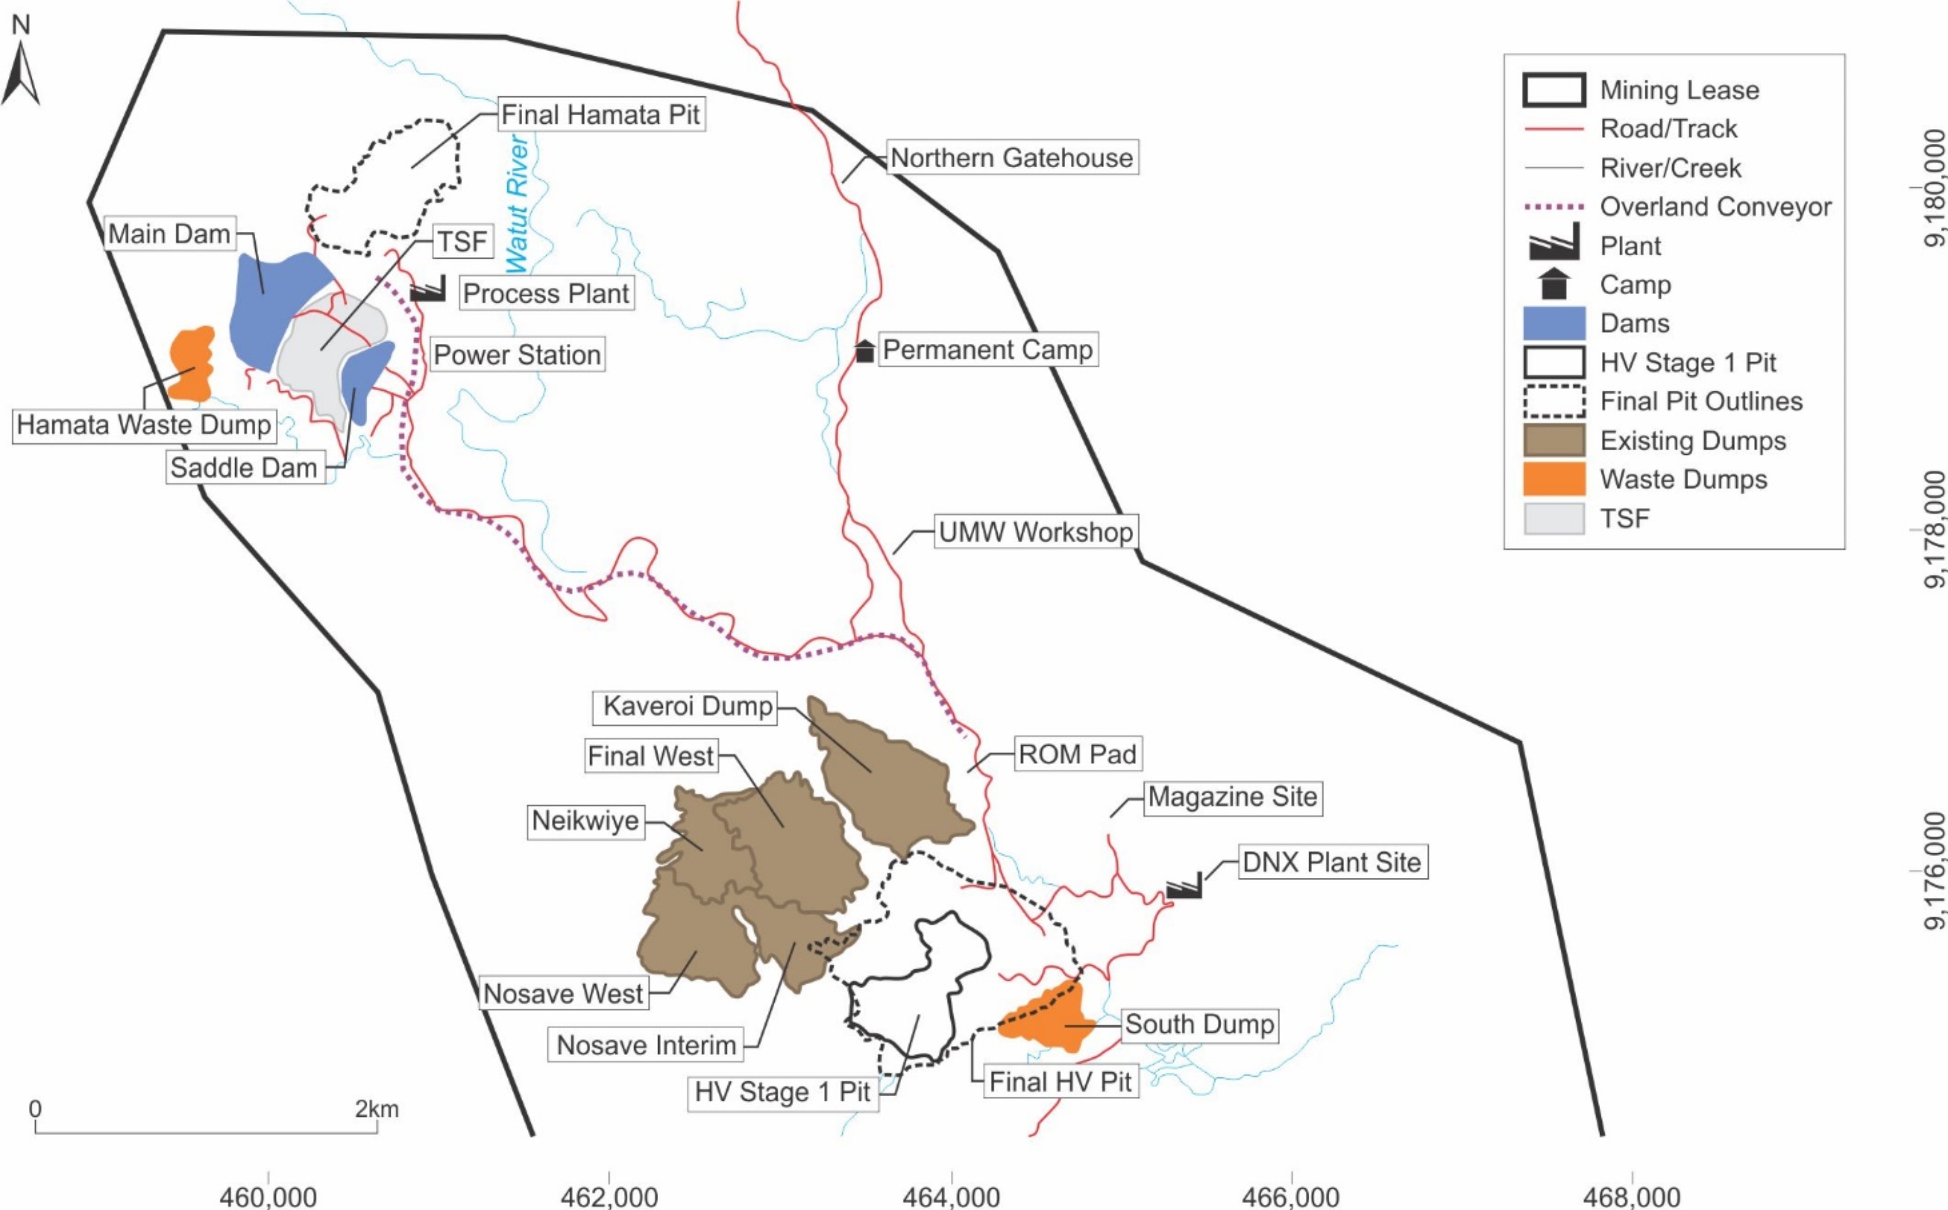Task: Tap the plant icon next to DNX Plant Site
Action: tap(1184, 886)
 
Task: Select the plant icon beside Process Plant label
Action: tap(428, 289)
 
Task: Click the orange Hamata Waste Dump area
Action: tap(191, 365)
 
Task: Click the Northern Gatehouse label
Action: tap(1011, 158)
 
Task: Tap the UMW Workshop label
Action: tap(1035, 532)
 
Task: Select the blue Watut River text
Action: tap(517, 204)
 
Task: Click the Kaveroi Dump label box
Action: tap(686, 706)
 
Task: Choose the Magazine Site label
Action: tap(1232, 797)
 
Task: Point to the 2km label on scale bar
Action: tap(377, 1109)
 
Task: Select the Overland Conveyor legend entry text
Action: tap(1715, 207)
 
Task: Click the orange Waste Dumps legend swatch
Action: tap(1554, 479)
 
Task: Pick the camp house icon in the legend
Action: tap(1554, 284)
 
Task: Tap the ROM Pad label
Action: tap(1077, 754)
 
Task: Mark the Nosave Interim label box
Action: tap(646, 1045)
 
